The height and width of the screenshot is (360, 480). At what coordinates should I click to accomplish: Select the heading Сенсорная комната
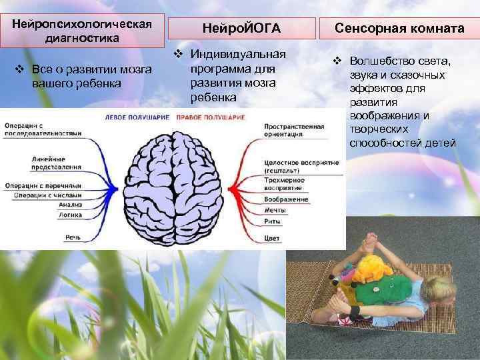399,29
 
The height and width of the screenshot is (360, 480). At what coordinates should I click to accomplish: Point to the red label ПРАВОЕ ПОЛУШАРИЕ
210,117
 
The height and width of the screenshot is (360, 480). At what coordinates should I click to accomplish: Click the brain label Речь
74,236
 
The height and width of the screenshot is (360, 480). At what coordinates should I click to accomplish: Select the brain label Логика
71,215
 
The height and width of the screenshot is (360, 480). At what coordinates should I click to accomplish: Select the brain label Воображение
286,199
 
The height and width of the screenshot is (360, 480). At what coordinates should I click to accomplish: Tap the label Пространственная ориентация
294,129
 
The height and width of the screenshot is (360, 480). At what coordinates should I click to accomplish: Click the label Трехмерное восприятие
284,183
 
